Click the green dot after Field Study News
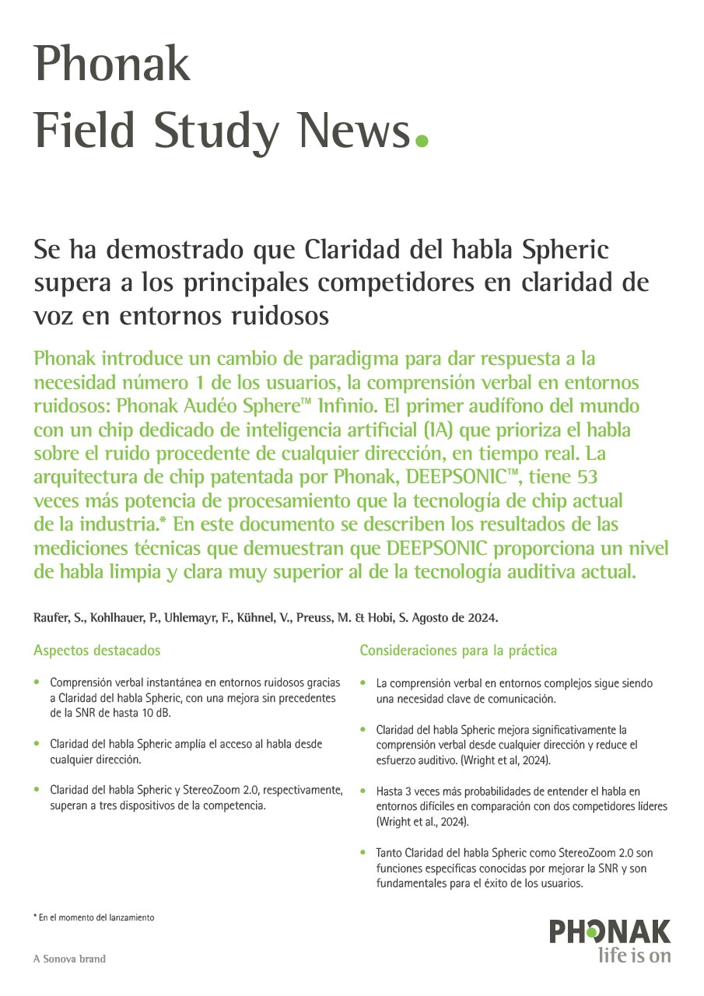point(422,141)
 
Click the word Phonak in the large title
point(112,65)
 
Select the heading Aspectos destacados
point(97,651)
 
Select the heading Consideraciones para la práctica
point(458,651)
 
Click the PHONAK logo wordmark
point(610,931)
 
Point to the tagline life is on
point(634,956)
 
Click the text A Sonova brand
point(69,959)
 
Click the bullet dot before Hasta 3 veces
point(364,791)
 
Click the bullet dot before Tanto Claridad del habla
point(364,853)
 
